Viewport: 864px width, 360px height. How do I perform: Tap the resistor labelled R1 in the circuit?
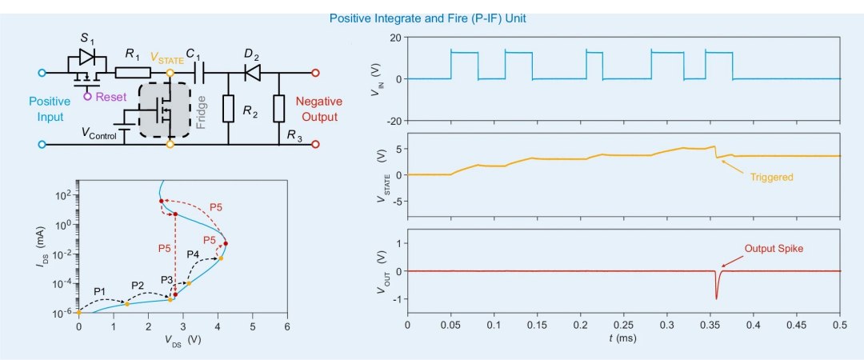coord(133,72)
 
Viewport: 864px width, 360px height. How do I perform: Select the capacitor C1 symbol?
coord(199,72)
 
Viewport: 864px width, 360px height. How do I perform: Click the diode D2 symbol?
coord(252,72)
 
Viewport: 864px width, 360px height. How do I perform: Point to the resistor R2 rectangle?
coord(228,109)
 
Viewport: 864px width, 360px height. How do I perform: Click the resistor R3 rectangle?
coord(279,109)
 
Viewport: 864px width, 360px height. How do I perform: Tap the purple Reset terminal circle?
coord(87,97)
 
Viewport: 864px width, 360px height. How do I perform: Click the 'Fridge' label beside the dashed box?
coord(201,112)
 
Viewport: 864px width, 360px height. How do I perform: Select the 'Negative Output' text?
coord(319,109)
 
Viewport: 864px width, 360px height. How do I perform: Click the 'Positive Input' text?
coord(50,109)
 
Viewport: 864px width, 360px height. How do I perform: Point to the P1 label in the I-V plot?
coord(99,290)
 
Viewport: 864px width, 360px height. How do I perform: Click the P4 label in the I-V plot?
coord(192,254)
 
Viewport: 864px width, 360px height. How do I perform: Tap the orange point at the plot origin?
coord(78,312)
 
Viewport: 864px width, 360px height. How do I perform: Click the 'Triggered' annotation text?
coord(771,178)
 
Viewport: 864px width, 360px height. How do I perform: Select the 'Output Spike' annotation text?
coord(774,249)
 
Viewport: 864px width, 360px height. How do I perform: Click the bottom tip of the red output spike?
coord(716,299)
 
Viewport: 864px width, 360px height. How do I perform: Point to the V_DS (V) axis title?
coord(182,340)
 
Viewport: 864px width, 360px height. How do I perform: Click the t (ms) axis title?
coord(622,338)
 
